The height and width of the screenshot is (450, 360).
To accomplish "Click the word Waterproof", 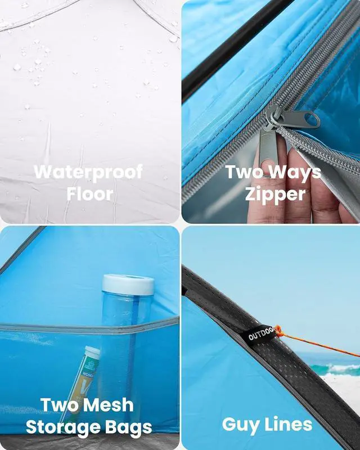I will pyautogui.click(x=88, y=172).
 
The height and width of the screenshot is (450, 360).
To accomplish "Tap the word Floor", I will pyautogui.click(x=90, y=194).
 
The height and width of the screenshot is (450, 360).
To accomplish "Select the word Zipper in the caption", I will pyautogui.click(x=275, y=194).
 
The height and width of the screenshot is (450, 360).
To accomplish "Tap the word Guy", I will pyautogui.click(x=240, y=425).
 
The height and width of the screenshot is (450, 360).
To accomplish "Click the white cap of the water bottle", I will pyautogui.click(x=128, y=284).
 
